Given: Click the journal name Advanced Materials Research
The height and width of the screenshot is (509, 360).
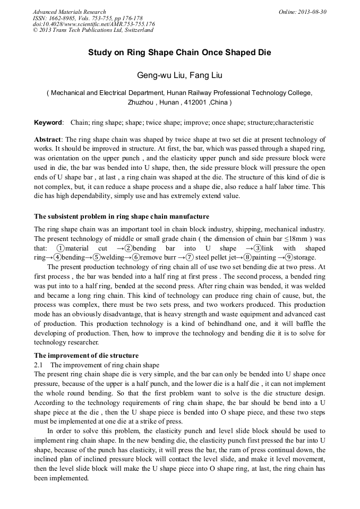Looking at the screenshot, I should click(69, 12).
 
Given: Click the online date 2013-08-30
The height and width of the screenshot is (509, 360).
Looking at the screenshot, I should click(313, 12).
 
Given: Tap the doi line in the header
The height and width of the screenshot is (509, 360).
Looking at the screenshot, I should click(93, 24).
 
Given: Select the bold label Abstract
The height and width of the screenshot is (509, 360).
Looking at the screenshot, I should click(47, 137).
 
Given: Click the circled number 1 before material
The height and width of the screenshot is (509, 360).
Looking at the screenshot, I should click(61, 248).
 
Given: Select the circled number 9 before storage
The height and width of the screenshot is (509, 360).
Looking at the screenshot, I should click(289, 257).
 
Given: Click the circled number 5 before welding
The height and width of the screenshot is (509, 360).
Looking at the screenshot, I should click(97, 257).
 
